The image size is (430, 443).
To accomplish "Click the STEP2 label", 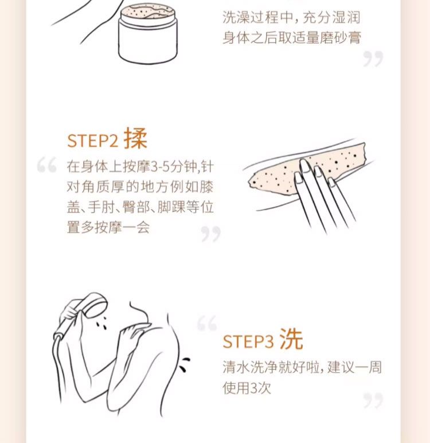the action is [92, 141].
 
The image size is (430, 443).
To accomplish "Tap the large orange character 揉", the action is [135, 138].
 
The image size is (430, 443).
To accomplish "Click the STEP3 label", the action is [248, 341].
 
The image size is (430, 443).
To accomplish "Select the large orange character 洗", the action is [291, 339].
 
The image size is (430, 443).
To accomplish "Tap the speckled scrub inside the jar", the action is [147, 11].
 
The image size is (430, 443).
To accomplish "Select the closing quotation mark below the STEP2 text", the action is [210, 234].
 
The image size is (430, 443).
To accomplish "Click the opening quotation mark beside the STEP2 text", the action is [47, 165].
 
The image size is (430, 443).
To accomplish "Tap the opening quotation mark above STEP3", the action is [207, 322].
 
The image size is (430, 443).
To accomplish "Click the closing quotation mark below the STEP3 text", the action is [373, 400].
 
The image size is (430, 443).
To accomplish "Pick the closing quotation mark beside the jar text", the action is [373, 59].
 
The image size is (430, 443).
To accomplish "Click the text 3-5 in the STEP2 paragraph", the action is [160, 166].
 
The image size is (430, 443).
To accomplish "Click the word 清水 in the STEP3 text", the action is [237, 367].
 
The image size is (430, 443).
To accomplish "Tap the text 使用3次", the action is [247, 387].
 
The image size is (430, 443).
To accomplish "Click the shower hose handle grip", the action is [65, 325].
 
